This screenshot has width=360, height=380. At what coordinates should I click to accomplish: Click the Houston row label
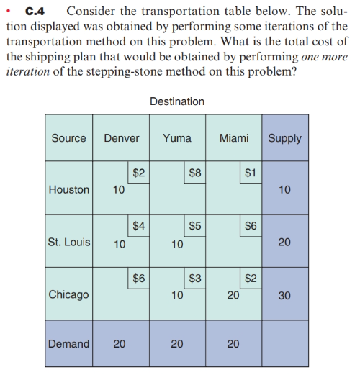(68, 190)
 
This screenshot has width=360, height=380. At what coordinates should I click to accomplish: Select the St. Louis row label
(68, 242)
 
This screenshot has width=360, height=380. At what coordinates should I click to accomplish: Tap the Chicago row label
(68, 294)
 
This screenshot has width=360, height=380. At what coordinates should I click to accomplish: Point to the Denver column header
(122, 138)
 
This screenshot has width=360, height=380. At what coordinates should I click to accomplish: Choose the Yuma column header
(177, 138)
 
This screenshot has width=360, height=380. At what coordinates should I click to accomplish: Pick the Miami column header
(234, 138)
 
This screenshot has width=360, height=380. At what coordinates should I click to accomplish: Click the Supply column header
(284, 138)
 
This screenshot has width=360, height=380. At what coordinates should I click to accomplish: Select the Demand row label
(68, 344)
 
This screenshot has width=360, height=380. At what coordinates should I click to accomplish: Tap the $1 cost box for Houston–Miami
(251, 173)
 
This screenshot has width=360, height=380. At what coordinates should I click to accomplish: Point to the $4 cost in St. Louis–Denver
(139, 225)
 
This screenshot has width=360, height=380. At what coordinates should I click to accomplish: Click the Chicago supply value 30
(284, 294)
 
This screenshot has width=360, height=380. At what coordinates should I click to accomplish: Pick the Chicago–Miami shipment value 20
(233, 294)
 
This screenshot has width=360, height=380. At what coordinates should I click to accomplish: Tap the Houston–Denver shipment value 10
(120, 190)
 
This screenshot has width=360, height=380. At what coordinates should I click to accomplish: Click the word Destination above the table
(177, 101)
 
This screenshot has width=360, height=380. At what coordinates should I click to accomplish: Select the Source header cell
(68, 138)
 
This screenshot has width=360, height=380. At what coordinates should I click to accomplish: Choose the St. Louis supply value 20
(284, 243)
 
